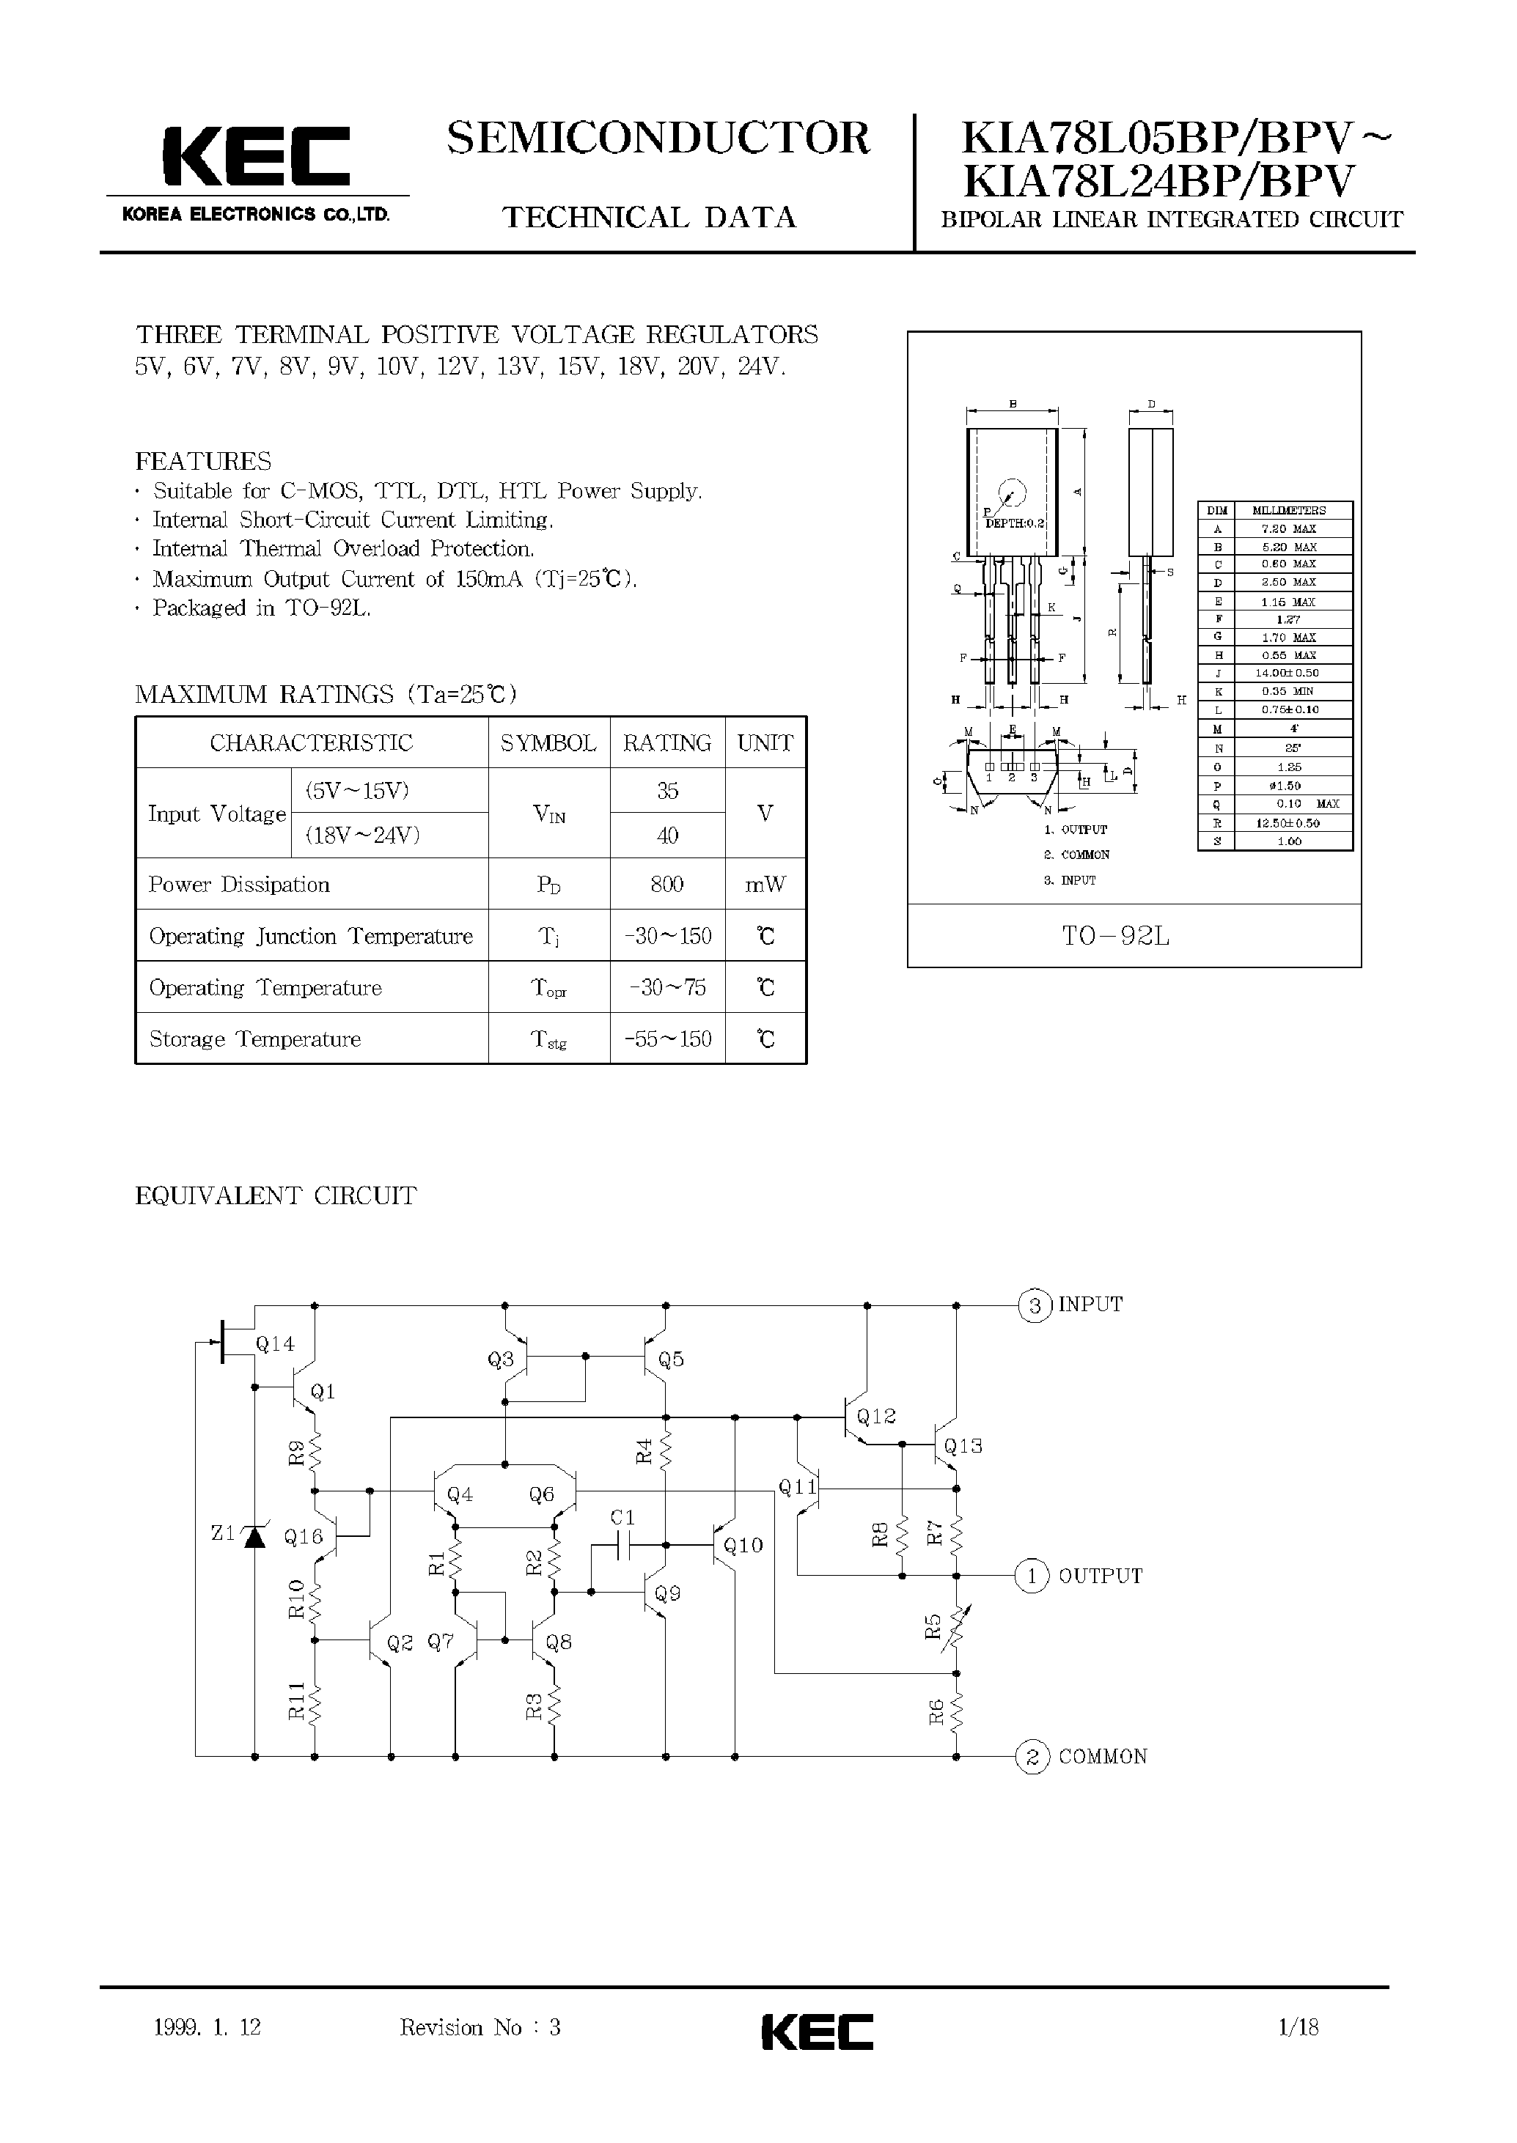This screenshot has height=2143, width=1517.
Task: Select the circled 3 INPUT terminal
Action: [1033, 1305]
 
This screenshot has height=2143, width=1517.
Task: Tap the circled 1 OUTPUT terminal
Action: [1032, 1576]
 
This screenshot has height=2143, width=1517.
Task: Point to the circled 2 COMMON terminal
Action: [1032, 1757]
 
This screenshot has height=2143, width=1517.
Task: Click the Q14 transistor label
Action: [275, 1343]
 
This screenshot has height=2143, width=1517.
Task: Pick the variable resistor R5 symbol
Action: [957, 1626]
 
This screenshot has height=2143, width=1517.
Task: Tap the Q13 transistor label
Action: [963, 1447]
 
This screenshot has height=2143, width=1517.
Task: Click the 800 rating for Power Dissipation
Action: [667, 885]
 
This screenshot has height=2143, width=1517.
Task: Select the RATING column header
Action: [667, 743]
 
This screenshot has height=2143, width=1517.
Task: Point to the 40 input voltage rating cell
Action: [667, 836]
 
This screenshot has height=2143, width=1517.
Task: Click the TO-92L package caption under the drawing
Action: [1115, 937]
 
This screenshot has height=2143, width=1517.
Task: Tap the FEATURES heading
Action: [204, 461]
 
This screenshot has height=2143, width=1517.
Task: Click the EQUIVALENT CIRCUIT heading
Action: [276, 1196]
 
